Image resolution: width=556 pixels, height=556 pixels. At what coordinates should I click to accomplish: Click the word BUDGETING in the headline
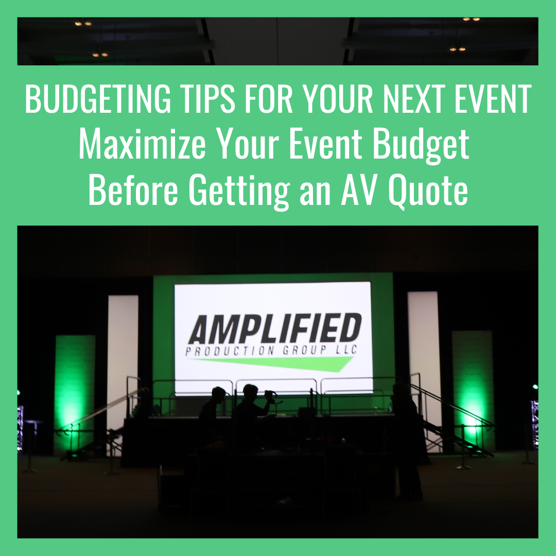tap(98, 99)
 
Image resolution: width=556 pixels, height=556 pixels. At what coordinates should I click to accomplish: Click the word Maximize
tap(142, 144)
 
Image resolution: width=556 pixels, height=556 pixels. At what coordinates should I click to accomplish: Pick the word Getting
tap(239, 191)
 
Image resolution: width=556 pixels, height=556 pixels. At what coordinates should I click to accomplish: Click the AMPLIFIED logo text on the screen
tap(275, 328)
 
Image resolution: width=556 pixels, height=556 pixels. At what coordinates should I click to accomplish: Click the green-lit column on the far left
tap(75, 394)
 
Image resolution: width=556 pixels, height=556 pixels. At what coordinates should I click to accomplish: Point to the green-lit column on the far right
tap(473, 390)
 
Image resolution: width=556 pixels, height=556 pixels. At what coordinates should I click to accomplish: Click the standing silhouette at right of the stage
tap(408, 440)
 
